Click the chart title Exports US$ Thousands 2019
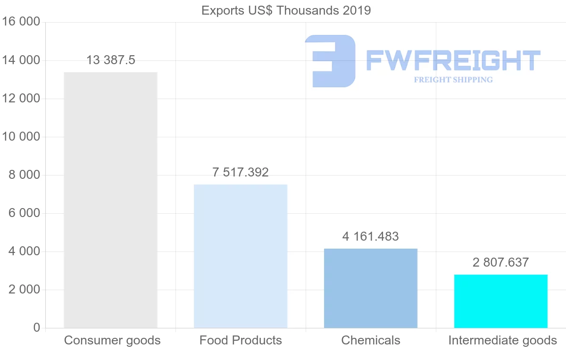tap(286, 10)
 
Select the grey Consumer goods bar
tap(110, 200)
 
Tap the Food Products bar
tap(241, 256)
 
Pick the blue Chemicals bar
tap(371, 288)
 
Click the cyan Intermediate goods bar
tap(501, 301)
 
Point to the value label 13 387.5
tap(111, 60)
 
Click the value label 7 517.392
tap(241, 173)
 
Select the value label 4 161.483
tap(371, 236)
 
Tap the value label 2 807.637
tap(501, 262)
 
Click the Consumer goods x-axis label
tap(112, 340)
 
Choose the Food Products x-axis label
tap(241, 340)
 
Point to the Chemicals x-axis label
tap(371, 340)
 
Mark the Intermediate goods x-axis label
tap(502, 340)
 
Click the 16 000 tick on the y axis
tap(22, 22)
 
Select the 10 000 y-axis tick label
tap(22, 137)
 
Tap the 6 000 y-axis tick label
tap(25, 213)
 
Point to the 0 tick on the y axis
tap(37, 328)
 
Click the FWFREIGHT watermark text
tap(453, 61)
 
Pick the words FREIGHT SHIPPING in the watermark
tap(453, 80)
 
